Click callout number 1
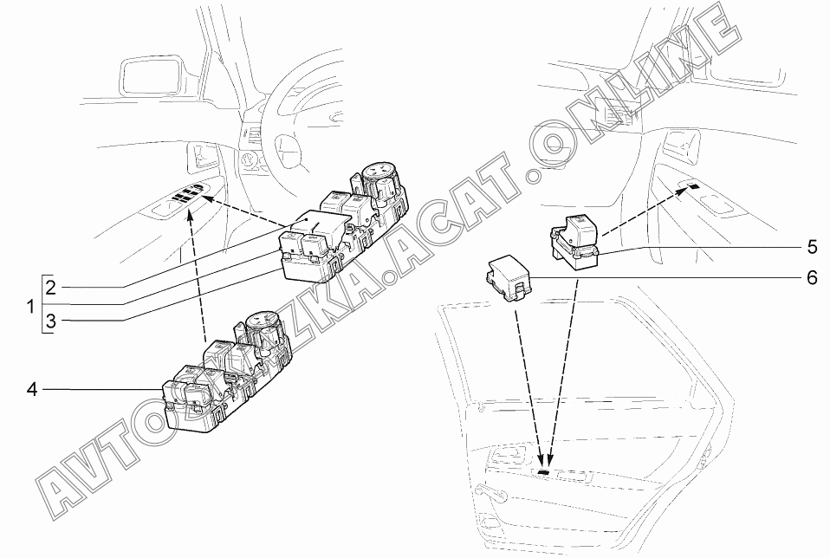pos(31,306)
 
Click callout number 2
pos(51,288)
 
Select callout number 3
pos(51,321)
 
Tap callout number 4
pos(32,390)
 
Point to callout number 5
pos(813,247)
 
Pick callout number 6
pos(813,278)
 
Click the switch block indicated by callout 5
pos(575,242)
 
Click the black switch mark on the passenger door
pos(693,185)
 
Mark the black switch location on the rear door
pos(543,471)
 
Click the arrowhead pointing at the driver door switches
pos(206,198)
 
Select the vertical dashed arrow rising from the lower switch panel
pos(197,276)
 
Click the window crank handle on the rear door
pos(492,490)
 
